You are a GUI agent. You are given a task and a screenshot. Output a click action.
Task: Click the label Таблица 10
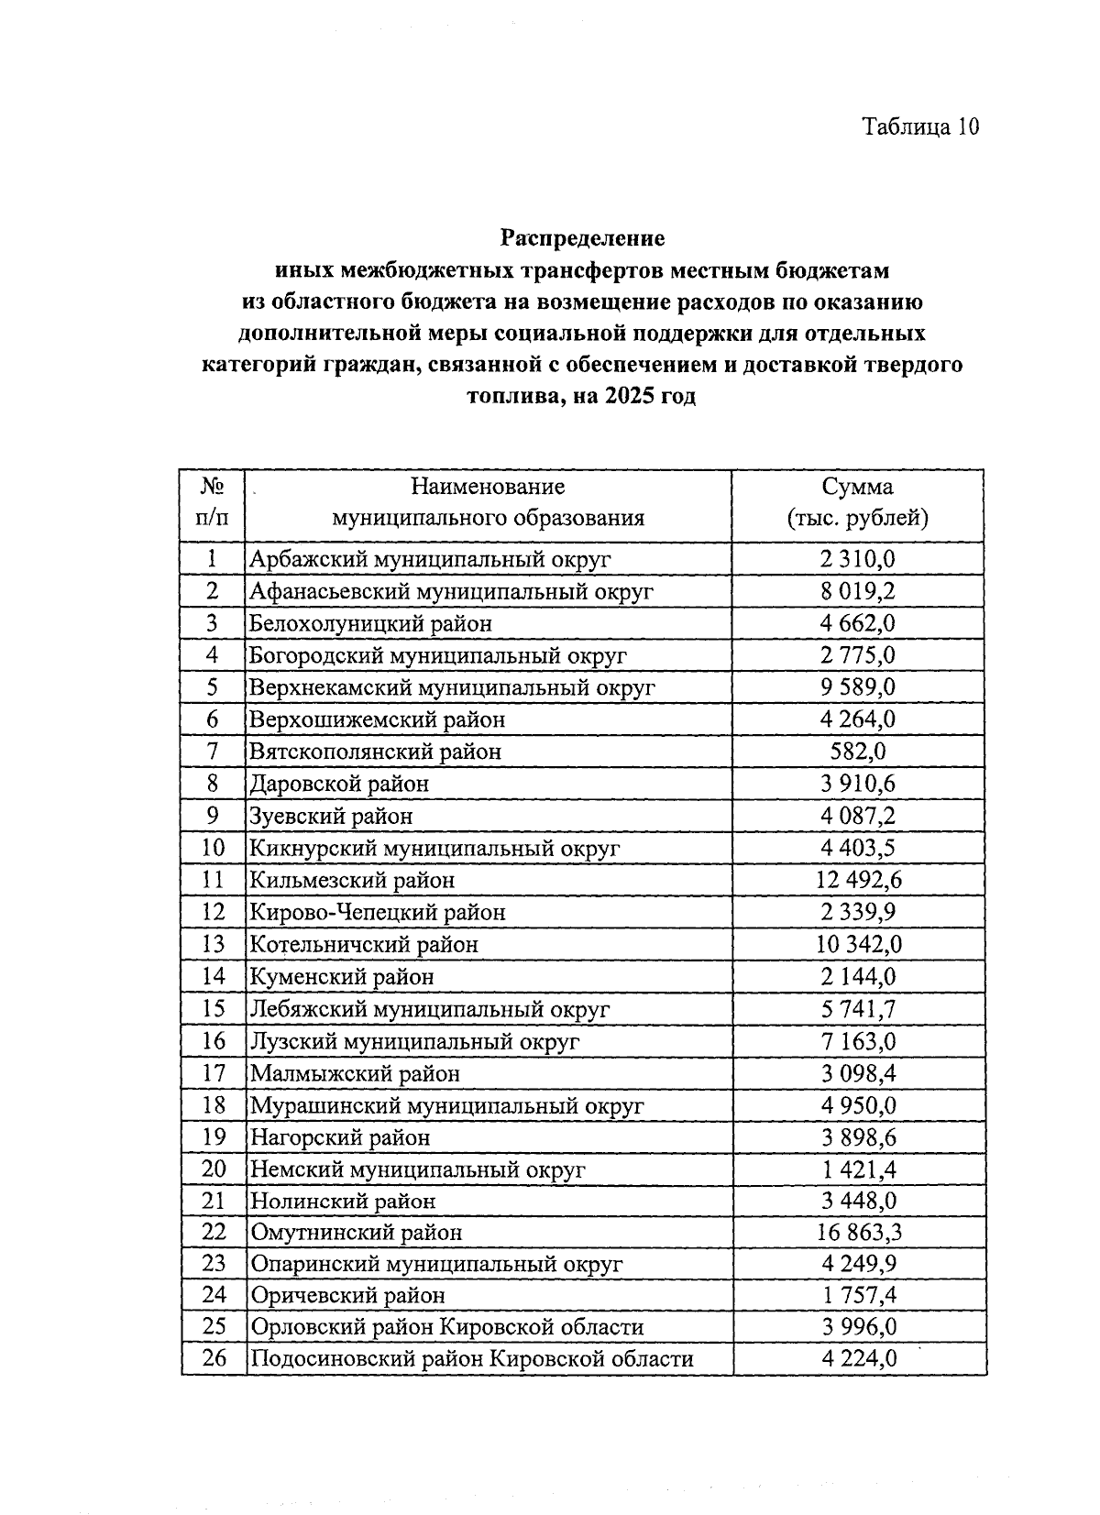[920, 126]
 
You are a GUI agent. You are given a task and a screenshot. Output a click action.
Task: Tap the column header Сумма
[857, 487]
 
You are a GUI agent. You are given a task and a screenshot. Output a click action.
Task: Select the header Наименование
[488, 487]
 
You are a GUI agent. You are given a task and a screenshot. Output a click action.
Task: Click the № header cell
[213, 487]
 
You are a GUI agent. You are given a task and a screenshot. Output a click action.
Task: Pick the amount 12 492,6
[858, 881]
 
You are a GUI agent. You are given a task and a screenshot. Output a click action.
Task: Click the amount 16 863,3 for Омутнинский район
[858, 1233]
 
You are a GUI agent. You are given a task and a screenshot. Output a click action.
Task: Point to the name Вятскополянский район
[376, 752]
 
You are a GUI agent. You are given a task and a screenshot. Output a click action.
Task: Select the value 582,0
[858, 752]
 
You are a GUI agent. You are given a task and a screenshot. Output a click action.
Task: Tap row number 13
[213, 945]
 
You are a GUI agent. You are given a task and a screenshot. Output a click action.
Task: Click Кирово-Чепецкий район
[378, 913]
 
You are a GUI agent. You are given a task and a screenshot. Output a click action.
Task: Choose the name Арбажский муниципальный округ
[430, 559]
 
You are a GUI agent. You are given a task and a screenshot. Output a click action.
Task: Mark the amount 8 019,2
[858, 591]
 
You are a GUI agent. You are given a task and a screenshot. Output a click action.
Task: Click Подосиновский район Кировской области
[472, 1359]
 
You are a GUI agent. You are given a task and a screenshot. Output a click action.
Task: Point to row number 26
[214, 1359]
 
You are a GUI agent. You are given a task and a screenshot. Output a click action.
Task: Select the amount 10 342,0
[858, 945]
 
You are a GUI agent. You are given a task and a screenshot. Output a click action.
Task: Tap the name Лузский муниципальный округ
[415, 1042]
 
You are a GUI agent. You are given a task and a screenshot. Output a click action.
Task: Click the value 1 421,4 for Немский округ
[858, 1169]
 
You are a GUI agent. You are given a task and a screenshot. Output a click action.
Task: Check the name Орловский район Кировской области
[447, 1328]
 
